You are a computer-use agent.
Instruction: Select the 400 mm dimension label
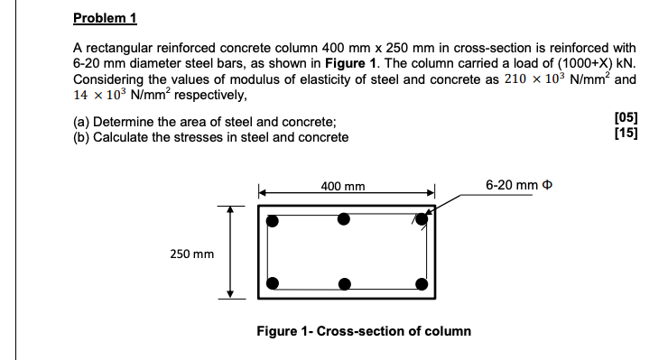coord(343,187)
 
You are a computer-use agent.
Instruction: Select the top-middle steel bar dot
coord(344,218)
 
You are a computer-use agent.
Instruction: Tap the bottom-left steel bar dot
coord(274,282)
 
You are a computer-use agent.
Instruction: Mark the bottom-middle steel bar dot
coord(344,284)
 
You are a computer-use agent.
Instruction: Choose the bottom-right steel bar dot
coord(421,283)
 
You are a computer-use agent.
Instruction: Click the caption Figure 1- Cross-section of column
coord(364,331)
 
